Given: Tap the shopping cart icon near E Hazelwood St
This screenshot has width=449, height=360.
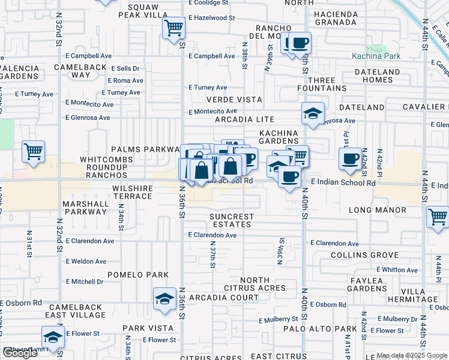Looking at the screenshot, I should click(173, 27).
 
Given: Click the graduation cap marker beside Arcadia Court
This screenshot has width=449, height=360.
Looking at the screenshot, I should click(163, 298).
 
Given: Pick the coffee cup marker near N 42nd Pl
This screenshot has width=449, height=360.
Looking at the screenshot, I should click(350, 158).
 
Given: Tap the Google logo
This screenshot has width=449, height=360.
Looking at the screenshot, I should click(20, 352).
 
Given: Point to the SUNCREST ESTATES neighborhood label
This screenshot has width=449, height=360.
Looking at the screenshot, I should click(232, 220).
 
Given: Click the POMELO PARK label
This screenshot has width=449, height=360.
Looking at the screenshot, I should click(137, 274).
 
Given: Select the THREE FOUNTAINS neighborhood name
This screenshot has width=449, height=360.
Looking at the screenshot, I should click(321, 84).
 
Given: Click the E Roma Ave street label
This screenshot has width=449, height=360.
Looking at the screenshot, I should click(125, 80).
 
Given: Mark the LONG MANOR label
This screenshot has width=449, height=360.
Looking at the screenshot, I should click(377, 210).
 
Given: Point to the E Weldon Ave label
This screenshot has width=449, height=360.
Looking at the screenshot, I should click(86, 262).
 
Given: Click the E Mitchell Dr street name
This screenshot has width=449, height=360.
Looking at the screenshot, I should click(85, 281).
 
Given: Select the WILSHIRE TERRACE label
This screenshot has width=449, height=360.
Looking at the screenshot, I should click(124, 192).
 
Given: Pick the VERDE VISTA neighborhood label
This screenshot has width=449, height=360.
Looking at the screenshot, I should click(235, 99).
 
